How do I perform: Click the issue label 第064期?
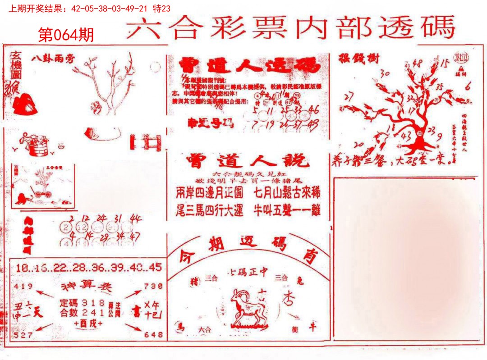tap(66, 35)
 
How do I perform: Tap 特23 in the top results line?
tap(162, 9)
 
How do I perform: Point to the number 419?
tap(23, 286)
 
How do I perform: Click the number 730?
tap(153, 286)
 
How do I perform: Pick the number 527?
tap(23, 334)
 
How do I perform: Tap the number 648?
tap(153, 334)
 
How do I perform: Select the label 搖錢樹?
tap(353, 58)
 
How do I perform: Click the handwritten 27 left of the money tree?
tap(348, 97)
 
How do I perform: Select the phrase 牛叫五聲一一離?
tap(287, 210)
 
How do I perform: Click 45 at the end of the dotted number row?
tap(155, 267)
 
